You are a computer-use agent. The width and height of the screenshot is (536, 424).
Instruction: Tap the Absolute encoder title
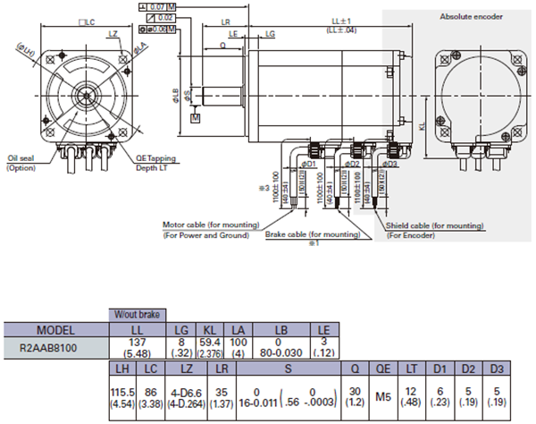pos(471,16)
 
